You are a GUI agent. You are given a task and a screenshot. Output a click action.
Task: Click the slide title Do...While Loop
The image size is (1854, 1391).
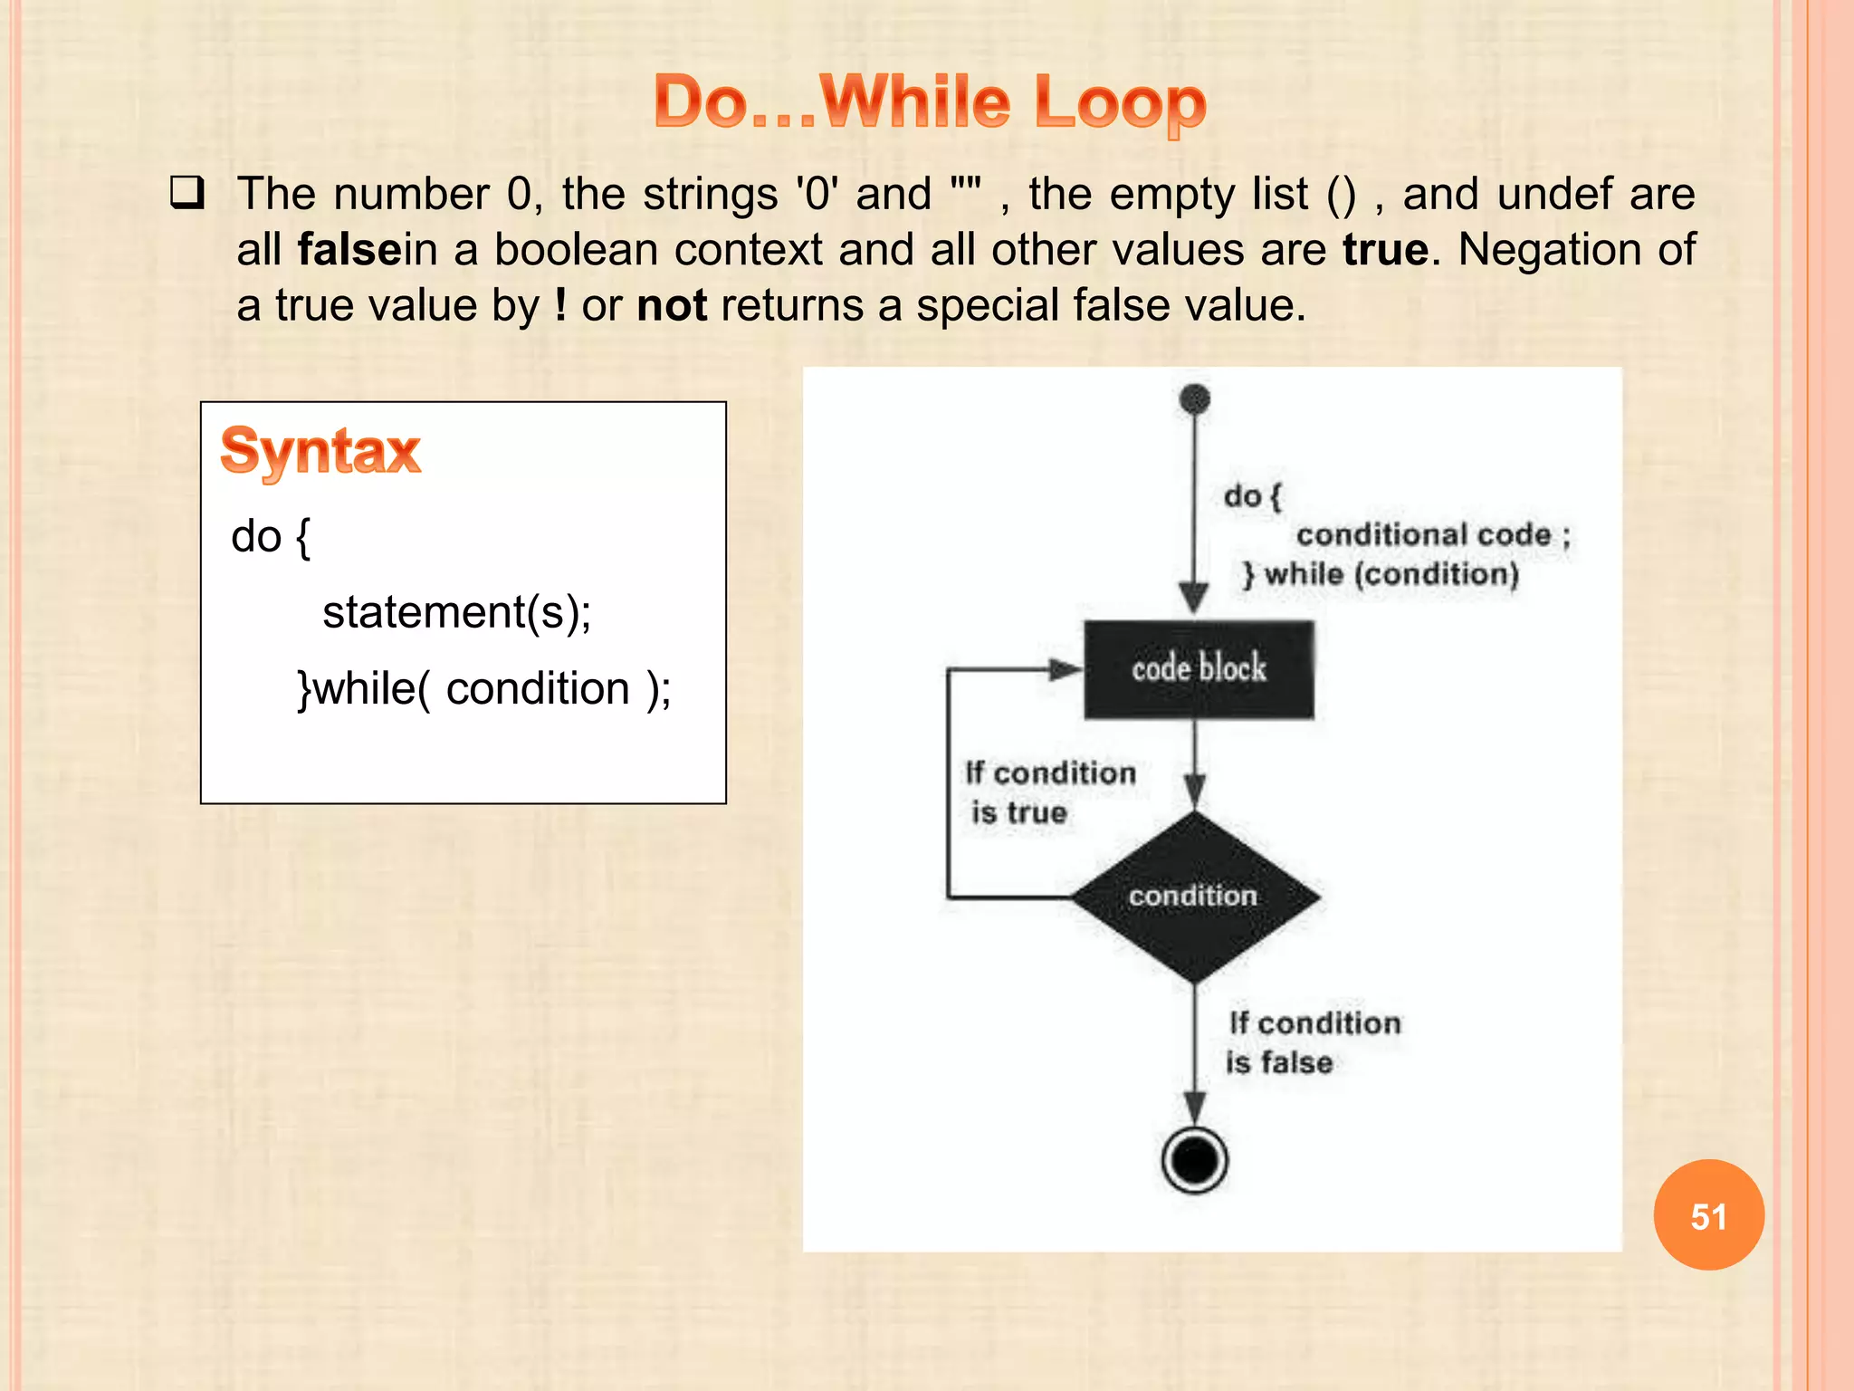click(x=930, y=101)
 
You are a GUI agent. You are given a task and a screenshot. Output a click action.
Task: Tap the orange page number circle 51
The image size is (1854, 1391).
click(x=1708, y=1215)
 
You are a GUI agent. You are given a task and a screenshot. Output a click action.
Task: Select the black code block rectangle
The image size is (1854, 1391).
click(x=1199, y=669)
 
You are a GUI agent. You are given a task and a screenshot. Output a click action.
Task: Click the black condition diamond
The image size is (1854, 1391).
click(x=1195, y=896)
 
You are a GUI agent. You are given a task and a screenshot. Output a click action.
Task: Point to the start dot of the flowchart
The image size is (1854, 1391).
click(x=1195, y=398)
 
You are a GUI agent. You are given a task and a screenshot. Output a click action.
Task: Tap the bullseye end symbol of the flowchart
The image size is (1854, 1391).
click(x=1195, y=1160)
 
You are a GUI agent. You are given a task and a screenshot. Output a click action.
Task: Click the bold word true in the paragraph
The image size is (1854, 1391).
click(x=1385, y=249)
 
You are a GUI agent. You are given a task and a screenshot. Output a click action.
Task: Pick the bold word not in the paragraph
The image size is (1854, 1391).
click(x=672, y=305)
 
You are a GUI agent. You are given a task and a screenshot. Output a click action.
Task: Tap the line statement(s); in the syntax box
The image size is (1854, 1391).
click(x=457, y=612)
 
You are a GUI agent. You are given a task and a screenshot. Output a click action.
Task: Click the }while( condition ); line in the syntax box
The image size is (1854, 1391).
click(x=484, y=689)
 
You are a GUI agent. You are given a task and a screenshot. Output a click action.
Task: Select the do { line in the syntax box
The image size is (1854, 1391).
click(x=271, y=537)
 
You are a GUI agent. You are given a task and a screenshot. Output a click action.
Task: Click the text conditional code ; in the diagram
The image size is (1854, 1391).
click(x=1433, y=535)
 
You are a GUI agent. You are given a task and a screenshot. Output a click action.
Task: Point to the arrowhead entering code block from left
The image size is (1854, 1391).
click(x=1066, y=670)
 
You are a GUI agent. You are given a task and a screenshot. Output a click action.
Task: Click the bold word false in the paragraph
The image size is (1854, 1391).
click(x=349, y=249)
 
